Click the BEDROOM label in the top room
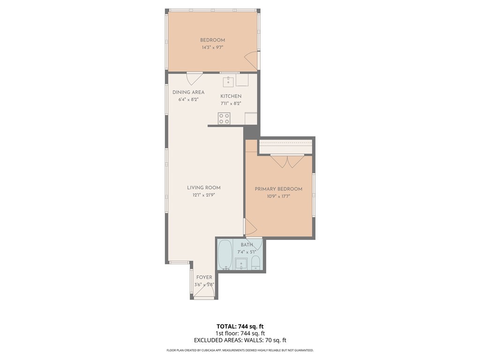point(212,40)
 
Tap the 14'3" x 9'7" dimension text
point(212,47)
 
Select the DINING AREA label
point(188,92)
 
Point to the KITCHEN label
point(231,96)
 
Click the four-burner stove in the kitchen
point(224,119)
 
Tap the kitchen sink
point(228,82)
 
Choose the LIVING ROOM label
point(204,187)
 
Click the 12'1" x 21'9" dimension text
point(203,195)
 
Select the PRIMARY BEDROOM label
point(278,189)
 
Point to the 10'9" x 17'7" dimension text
point(278,196)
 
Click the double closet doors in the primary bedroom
point(287,161)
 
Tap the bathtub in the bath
point(225,255)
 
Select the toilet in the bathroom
point(255,263)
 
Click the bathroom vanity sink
point(241,263)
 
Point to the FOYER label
point(204,277)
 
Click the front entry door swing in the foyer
point(203,292)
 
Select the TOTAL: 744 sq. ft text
point(240,326)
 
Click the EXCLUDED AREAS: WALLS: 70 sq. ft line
point(240,340)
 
